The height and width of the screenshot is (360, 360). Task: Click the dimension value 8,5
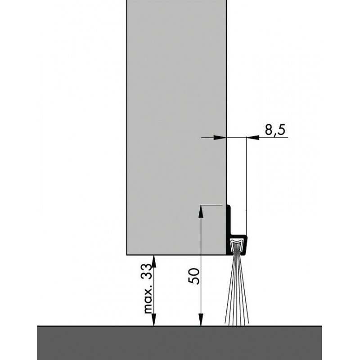coord(275,130)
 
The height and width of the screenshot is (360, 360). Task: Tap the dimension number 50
coord(194,276)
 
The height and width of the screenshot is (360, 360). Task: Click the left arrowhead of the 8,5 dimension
coord(220,138)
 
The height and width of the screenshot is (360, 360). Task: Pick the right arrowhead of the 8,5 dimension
coord(253,138)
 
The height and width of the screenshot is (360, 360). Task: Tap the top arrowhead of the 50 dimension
coord(201,211)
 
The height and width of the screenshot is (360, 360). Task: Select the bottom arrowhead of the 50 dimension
coord(201,319)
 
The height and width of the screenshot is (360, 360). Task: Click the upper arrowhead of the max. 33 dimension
coord(154,261)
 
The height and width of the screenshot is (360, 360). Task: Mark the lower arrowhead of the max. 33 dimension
coord(154,319)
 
